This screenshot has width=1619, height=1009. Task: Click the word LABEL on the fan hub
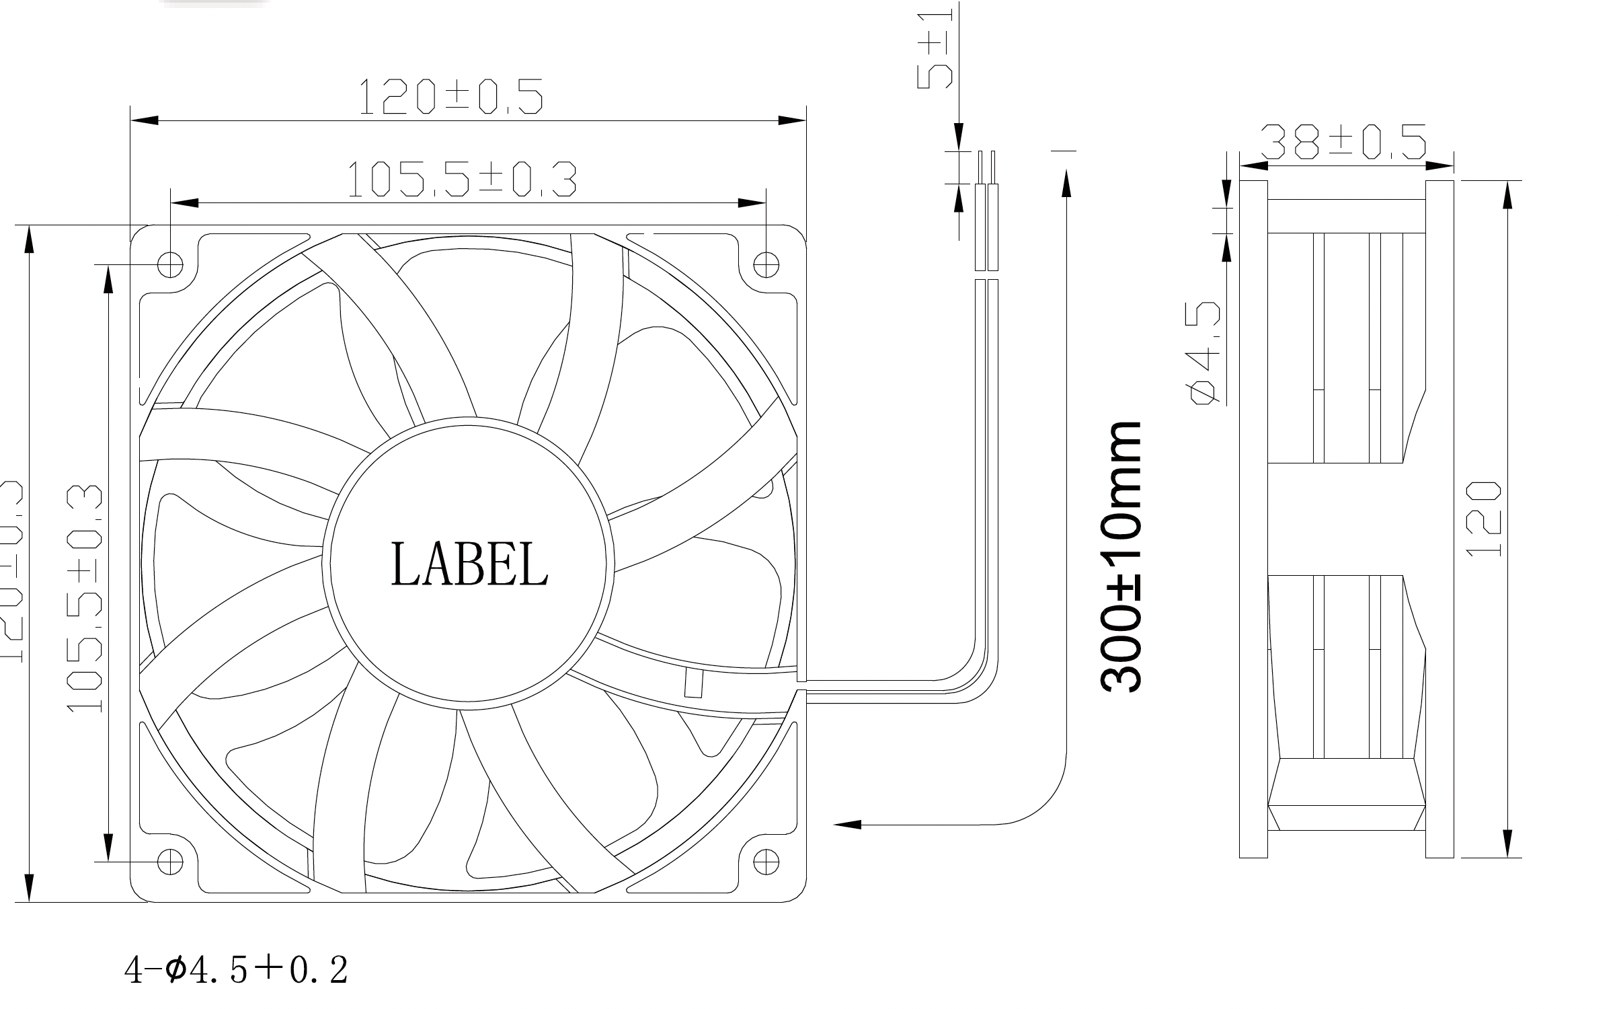coord(469,564)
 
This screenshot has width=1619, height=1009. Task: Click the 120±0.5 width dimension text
coord(450,97)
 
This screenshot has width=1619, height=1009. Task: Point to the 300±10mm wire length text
coord(1121,557)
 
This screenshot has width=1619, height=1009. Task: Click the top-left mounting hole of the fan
coord(170,264)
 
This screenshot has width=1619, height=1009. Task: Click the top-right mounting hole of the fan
coord(766,264)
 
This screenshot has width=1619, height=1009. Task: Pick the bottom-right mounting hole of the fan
coord(766,861)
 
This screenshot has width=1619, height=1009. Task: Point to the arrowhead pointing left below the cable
coord(847,824)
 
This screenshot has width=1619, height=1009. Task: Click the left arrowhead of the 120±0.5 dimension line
coord(144,120)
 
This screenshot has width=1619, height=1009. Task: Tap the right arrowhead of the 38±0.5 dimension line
coord(1440,165)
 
